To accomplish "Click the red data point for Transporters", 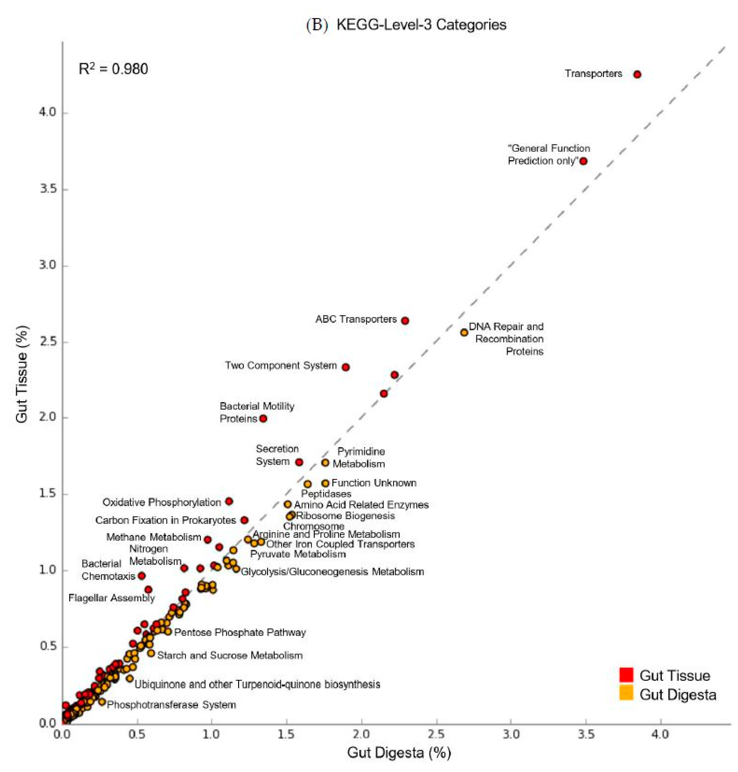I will coord(637,74).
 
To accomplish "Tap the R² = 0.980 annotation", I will coord(113,69).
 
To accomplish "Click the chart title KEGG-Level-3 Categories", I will coord(421,25).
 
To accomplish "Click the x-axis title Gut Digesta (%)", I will coord(399,752).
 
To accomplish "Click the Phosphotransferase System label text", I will coord(171,705).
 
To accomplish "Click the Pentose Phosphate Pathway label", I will coord(240,632).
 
